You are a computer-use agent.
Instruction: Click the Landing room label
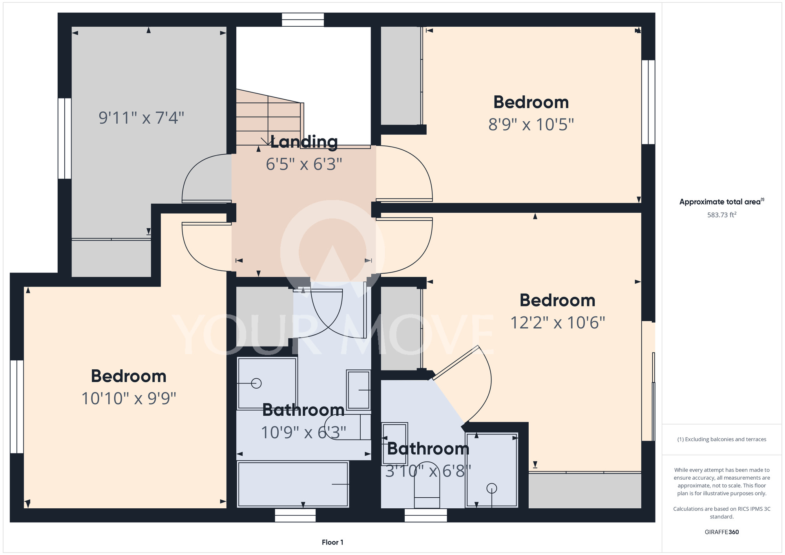(304, 142)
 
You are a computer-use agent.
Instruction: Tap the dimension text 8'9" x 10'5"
(531, 125)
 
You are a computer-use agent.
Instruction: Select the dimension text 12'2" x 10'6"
(558, 323)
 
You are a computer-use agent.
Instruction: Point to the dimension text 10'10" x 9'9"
(129, 398)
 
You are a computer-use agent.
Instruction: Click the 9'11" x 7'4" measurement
(141, 118)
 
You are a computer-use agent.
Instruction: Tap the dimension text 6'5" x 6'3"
(304, 164)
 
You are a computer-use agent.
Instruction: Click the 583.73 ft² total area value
(722, 215)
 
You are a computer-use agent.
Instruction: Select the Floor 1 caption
(332, 542)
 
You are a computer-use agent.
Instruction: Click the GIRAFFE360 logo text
(722, 532)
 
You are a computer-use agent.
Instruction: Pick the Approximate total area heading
(722, 202)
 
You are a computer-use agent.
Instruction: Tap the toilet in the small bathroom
(427, 490)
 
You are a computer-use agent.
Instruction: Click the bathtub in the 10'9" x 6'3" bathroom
(293, 484)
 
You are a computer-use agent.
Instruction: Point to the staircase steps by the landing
(269, 117)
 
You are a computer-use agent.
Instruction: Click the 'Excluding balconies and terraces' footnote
(722, 439)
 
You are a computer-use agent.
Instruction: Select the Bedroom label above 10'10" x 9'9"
(129, 376)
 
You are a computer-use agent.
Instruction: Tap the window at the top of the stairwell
(303, 20)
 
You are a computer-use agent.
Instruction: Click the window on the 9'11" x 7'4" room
(65, 139)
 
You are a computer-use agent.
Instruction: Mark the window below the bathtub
(295, 515)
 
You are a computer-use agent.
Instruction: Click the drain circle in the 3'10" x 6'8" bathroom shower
(492, 488)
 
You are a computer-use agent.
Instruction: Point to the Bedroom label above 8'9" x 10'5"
(531, 102)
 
